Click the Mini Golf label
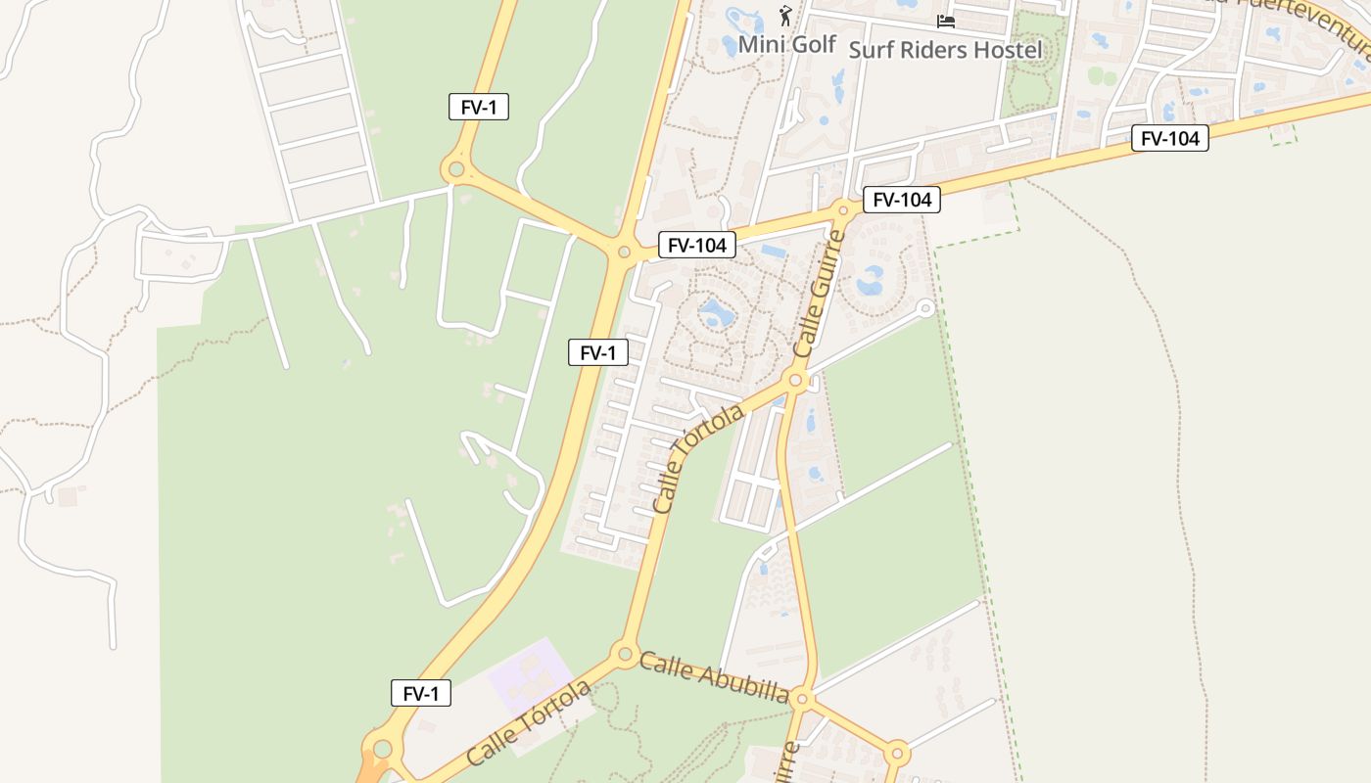(x=786, y=44)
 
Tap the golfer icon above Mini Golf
(x=784, y=15)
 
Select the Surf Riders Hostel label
(x=945, y=49)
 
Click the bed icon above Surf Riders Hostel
(x=945, y=21)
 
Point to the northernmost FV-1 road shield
(x=479, y=108)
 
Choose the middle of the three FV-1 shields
(x=598, y=352)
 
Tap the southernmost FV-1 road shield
(x=421, y=693)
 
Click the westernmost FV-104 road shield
(x=696, y=245)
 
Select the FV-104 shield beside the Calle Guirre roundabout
(x=902, y=200)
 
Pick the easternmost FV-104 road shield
(x=1170, y=138)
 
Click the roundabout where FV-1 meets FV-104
(x=624, y=253)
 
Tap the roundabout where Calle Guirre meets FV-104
(x=844, y=209)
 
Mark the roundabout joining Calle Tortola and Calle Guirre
(x=795, y=380)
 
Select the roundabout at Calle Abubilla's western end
(x=624, y=653)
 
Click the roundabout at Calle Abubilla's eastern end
(x=802, y=698)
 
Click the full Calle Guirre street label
(x=819, y=294)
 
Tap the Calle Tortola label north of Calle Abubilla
(x=697, y=458)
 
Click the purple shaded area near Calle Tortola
(x=530, y=675)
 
